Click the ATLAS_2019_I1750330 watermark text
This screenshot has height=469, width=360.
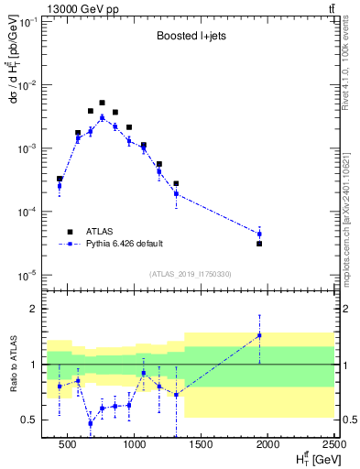pyautogui.click(x=190, y=273)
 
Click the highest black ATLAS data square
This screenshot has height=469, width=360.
pyautogui.click(x=102, y=103)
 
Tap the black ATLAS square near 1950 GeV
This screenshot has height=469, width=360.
pyautogui.click(x=259, y=244)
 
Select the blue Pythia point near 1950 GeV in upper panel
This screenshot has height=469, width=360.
pyautogui.click(x=259, y=234)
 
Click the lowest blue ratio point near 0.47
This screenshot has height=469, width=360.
pyautogui.click(x=90, y=423)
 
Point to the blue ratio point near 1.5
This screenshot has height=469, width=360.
pyautogui.click(x=259, y=335)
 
